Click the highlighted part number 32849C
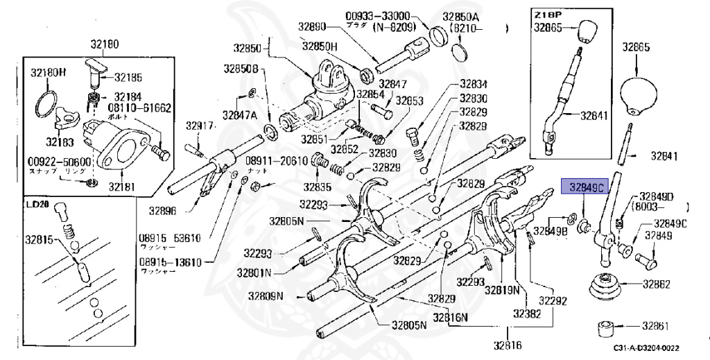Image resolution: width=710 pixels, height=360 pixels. [x=584, y=187]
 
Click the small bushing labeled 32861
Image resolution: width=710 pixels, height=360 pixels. [x=608, y=325]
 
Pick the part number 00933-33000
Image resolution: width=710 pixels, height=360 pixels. [x=379, y=15]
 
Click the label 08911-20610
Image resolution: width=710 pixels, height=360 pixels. [x=276, y=160]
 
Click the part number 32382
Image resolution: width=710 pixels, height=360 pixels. [x=527, y=314]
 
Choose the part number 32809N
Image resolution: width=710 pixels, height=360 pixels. [x=266, y=296]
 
